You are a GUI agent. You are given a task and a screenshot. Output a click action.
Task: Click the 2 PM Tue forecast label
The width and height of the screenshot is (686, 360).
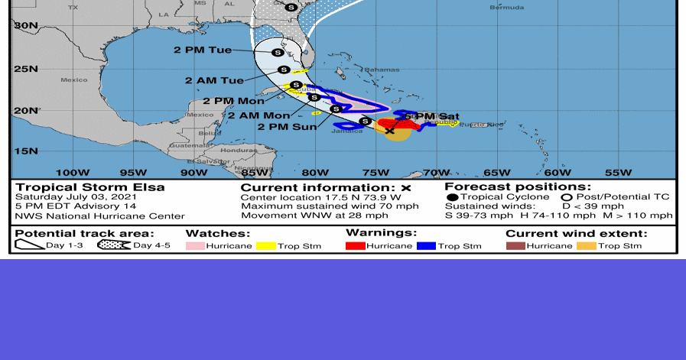[x=202, y=50]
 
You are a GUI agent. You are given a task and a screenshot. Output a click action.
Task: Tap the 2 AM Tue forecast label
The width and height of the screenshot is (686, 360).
[x=214, y=80]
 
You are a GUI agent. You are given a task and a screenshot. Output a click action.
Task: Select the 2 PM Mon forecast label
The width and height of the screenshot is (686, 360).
[x=230, y=100]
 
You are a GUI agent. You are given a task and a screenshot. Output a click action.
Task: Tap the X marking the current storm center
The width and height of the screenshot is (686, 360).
[x=389, y=131]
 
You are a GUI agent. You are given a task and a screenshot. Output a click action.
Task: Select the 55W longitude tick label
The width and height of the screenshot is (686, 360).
[x=618, y=172]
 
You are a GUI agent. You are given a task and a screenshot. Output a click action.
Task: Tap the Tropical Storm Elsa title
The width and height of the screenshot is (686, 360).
[x=90, y=187]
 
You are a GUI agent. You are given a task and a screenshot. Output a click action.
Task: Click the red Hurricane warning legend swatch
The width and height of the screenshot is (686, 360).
[x=355, y=246]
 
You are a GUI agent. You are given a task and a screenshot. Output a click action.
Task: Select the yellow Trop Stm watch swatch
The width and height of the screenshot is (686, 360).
[x=265, y=246]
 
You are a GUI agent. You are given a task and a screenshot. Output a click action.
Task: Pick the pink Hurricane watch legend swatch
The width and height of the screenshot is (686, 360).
[x=196, y=246]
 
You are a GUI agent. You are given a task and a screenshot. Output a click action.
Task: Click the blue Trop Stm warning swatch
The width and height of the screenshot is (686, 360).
[x=426, y=246]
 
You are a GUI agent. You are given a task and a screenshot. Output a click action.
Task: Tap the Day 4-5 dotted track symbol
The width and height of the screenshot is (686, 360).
[x=113, y=245]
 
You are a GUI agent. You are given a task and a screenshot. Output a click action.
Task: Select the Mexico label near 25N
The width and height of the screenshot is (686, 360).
[x=74, y=79]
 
